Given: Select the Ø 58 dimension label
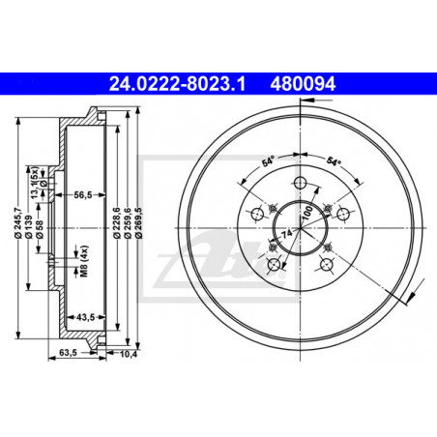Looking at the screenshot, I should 41,232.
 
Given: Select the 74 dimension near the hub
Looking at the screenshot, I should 286,237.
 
